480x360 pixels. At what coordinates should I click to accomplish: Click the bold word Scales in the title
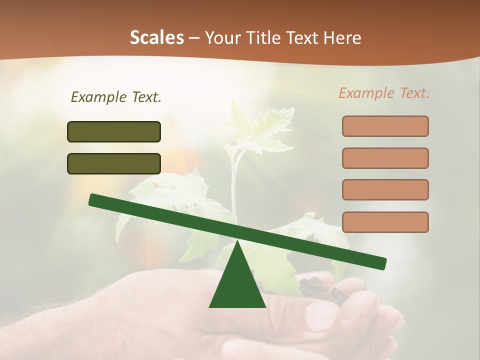point(156,38)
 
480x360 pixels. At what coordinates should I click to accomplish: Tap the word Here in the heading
point(342,38)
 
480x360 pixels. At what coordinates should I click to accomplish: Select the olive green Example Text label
point(116,97)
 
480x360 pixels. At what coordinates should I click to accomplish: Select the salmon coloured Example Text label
point(384,93)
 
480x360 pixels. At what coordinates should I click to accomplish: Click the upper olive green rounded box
point(114,131)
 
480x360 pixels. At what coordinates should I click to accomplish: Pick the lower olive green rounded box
point(114,163)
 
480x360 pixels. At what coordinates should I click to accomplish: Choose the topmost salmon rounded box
point(385,126)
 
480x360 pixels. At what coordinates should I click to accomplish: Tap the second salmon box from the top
point(385,158)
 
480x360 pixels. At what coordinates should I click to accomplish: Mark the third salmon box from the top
point(385,190)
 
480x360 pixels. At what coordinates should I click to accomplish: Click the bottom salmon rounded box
point(385,222)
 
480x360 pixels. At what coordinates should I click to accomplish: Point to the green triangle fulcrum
point(237,282)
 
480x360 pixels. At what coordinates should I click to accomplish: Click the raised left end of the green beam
point(95,200)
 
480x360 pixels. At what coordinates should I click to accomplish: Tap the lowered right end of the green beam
point(380,262)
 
